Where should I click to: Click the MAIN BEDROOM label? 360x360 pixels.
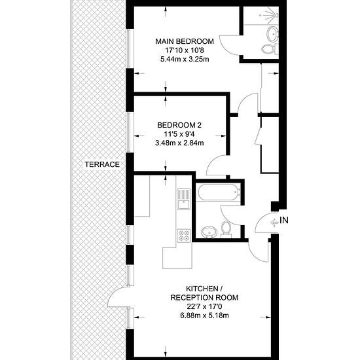coord(185,41)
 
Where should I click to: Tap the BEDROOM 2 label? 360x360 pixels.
coord(179,125)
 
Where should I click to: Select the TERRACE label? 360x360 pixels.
coord(102,164)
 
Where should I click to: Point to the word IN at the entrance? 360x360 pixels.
coord(284,221)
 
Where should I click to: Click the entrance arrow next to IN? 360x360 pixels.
coord(274,223)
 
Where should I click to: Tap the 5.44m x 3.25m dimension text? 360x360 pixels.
coord(185,59)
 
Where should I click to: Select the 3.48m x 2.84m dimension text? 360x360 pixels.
coord(179,143)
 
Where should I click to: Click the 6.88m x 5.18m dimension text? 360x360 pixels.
coord(204,315)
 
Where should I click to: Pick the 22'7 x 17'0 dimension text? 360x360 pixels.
coord(204,306)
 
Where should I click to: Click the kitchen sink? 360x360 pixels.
coord(183,199)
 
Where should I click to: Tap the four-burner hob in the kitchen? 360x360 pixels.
coord(184,236)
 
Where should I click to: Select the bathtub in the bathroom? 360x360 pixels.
coord(219,192)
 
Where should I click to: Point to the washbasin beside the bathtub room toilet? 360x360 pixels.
coord(209,232)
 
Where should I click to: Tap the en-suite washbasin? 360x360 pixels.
coord(273,34)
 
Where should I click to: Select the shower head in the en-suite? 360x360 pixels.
coord(274,14)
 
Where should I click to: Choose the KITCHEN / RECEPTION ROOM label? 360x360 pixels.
coord(204,293)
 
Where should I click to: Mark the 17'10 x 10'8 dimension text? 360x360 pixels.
coord(185,50)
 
